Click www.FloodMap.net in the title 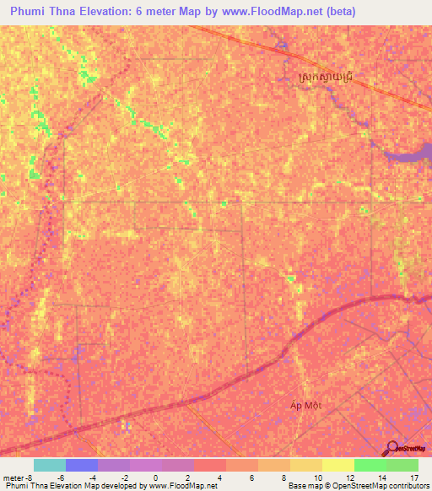point(273,12)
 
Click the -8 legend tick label point(30,477)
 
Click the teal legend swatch point(49,465)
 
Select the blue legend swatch point(81,465)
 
